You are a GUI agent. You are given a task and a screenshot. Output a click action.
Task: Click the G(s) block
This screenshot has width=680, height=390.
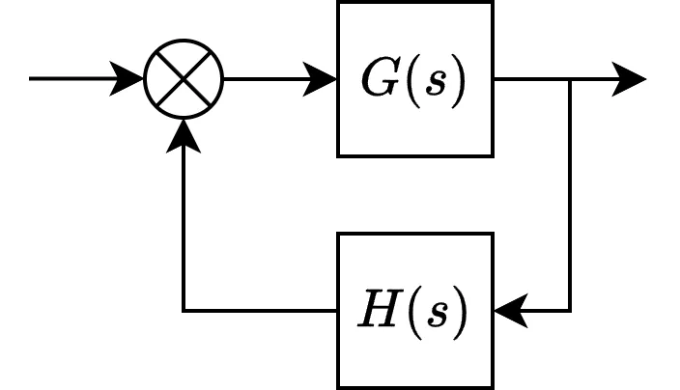coord(414,79)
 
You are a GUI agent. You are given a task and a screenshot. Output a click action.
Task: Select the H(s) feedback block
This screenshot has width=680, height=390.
coord(414,311)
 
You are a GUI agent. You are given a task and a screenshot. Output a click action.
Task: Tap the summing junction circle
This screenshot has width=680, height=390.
coord(184,79)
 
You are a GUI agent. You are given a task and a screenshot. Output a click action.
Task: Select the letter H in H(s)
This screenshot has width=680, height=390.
coord(376,312)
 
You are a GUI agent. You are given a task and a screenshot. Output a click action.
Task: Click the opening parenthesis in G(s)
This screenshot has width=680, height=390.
coord(407,80)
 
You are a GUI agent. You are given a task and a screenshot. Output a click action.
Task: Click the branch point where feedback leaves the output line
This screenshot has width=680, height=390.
coord(570,79)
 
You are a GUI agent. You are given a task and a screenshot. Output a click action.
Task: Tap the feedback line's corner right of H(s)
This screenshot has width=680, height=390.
coord(570,311)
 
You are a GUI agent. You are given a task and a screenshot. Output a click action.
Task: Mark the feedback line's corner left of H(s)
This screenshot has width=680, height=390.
coord(184,311)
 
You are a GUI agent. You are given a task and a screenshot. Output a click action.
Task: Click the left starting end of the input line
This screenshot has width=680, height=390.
coord(31,79)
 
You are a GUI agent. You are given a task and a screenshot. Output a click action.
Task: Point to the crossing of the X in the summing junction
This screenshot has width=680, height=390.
coord(184,79)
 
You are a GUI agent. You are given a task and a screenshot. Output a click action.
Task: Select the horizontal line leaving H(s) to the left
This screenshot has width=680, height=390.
coord(261,311)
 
